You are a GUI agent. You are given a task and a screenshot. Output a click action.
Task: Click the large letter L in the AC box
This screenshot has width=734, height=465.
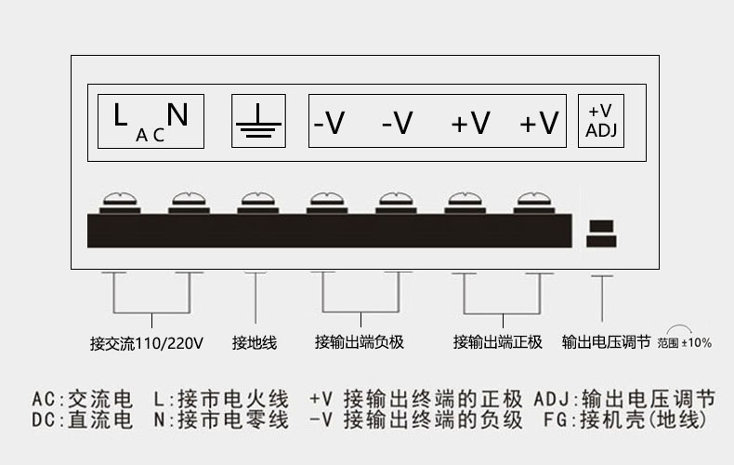point(120,114)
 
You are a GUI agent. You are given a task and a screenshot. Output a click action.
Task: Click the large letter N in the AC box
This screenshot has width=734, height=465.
point(177,114)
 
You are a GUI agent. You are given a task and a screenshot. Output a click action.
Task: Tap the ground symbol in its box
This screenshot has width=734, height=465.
point(258,122)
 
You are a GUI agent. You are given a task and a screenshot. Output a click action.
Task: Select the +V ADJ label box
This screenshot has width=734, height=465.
point(601,121)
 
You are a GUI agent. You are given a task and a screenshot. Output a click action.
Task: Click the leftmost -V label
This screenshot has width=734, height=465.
point(329,123)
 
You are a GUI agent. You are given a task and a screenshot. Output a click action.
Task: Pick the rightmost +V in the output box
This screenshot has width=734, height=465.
point(539,123)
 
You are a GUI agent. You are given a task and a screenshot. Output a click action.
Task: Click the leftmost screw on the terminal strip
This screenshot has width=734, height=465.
point(120,203)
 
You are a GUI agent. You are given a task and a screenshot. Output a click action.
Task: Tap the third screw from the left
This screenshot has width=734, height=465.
point(258,203)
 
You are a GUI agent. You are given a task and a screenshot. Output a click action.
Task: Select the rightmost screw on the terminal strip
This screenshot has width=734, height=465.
point(534,203)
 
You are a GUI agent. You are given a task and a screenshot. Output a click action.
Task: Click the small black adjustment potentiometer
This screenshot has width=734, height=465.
point(601,233)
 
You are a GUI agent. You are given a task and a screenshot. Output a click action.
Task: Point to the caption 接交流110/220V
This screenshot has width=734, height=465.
point(147,343)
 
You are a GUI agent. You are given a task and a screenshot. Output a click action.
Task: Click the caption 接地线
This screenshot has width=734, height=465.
point(255,342)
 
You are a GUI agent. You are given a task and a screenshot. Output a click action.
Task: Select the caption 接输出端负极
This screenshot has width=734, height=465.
point(360,342)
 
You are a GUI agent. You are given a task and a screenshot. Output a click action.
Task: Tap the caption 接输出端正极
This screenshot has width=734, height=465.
point(498,342)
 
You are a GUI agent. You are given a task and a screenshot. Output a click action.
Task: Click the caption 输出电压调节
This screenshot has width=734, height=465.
point(606,342)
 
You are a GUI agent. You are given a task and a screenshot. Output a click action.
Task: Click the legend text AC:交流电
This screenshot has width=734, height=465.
point(83,400)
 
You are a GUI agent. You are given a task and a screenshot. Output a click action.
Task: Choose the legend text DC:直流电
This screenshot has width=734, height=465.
point(83,420)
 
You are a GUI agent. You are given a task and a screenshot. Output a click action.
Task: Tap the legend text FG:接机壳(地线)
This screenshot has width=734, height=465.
point(625,420)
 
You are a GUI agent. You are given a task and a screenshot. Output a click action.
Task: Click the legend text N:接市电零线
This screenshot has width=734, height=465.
point(221,420)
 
